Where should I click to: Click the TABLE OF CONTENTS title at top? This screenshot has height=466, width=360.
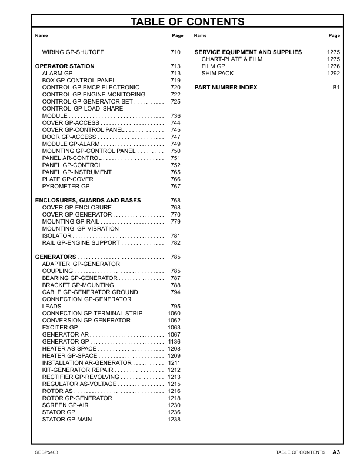click(x=187, y=22)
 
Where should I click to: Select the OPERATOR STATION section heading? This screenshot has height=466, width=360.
click(x=65, y=66)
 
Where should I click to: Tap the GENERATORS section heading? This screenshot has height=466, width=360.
click(x=56, y=257)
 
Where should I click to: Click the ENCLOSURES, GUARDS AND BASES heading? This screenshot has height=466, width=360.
click(x=88, y=201)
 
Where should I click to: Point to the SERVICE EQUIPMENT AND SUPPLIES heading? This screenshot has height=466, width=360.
click(x=248, y=52)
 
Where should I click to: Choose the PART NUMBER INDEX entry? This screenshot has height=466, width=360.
click(x=225, y=88)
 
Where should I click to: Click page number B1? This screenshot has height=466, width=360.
click(x=336, y=88)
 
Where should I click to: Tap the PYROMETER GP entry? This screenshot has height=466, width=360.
click(x=66, y=187)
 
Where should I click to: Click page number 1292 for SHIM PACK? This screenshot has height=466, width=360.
click(x=334, y=74)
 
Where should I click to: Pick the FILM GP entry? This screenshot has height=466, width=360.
click(x=214, y=66)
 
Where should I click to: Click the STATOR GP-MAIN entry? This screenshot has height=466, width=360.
click(x=67, y=420)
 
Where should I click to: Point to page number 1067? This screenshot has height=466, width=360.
click(x=174, y=335)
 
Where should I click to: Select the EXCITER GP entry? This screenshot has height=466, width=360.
click(x=60, y=328)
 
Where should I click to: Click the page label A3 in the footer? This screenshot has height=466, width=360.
click(x=336, y=452)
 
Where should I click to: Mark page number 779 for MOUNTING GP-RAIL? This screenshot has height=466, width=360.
click(x=175, y=222)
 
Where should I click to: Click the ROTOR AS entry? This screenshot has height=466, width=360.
click(x=58, y=391)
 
